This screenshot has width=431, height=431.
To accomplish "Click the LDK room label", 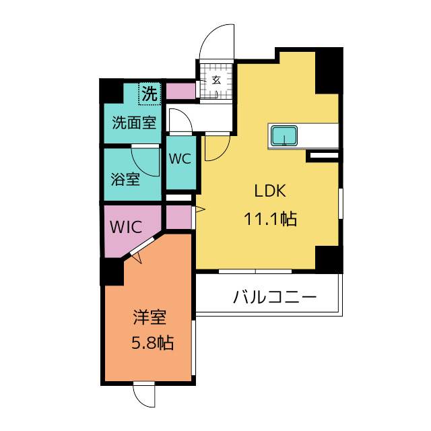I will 270,191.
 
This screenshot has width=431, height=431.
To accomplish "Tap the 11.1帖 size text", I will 270,219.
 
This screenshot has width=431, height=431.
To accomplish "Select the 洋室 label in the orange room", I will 150,317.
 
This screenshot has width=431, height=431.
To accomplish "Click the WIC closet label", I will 126,227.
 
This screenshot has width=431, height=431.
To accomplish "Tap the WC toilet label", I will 180,160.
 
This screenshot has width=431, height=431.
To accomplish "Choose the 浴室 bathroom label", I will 125,180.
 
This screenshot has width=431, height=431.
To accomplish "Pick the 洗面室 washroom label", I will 133,123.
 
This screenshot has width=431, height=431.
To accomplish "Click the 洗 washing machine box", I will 149,94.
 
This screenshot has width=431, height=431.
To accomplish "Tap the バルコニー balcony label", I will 275,297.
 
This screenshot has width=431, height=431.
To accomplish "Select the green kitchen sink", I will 285,137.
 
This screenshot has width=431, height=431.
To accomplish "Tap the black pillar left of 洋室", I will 110,271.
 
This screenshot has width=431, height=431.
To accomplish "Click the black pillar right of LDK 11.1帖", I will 329,258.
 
